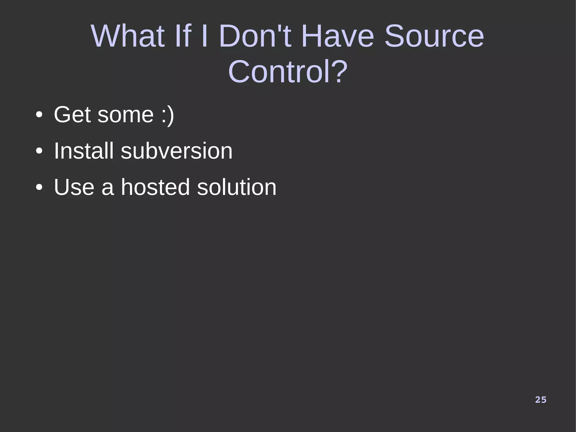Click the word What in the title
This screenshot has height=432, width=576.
coord(128,36)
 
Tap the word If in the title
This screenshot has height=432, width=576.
coord(183,36)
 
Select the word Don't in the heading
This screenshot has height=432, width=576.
coord(255,36)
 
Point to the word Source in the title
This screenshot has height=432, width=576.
coord(434,36)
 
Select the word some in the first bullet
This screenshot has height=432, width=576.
coord(125,115)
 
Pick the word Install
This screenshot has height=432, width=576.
coord(84,151)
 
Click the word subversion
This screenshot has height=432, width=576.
coord(177,151)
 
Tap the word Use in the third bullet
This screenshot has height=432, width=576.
coord(74,187)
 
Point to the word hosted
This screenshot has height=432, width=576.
coord(155,187)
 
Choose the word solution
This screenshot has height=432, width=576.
coord(237,187)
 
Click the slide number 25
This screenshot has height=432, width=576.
coord(541,400)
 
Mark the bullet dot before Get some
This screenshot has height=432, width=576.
coord(39,115)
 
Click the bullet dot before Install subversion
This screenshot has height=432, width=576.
coord(39,152)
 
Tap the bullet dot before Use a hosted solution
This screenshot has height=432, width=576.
coord(39,188)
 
